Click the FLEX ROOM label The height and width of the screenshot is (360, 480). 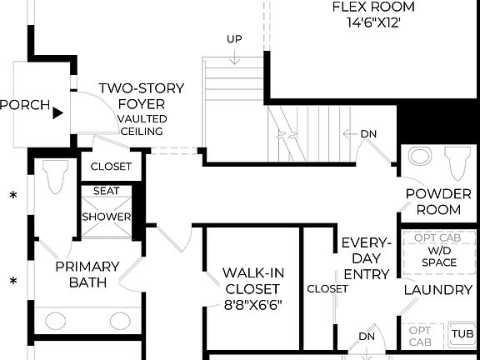tap(367, 7)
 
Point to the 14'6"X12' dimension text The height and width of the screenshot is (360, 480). tap(367, 22)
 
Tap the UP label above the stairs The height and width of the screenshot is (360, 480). tap(234, 39)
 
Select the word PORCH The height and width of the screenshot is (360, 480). tap(23, 107)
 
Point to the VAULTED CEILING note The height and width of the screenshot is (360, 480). tap(142, 125)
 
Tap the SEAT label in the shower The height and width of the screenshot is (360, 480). tap(106, 191)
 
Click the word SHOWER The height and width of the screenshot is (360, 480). tap(106, 217)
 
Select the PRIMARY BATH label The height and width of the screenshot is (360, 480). tap(87, 275)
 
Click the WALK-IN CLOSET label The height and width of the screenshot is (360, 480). tap(253, 281)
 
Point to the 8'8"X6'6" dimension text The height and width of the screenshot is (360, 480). tap(253, 304)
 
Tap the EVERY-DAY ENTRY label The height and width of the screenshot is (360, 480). tap(366, 258)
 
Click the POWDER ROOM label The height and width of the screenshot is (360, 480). tap(438, 202)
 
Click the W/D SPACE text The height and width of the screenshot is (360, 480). tap(438, 256)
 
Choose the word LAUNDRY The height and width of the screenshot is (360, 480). tap(438, 290)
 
